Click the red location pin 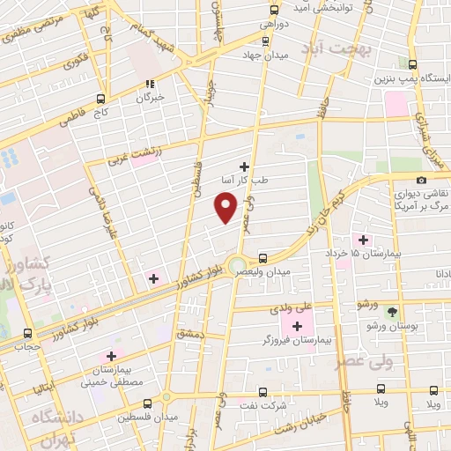[226, 206]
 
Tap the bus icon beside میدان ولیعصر [262, 258]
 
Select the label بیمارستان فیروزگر [298, 339]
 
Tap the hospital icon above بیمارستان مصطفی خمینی [111, 356]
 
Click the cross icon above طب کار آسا [244, 166]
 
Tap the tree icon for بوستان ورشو [393, 311]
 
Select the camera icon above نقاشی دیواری [421, 180]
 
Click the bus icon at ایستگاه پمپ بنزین [413, 63]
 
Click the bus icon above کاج [101, 99]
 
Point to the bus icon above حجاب [27, 333]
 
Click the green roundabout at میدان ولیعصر [236, 265]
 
